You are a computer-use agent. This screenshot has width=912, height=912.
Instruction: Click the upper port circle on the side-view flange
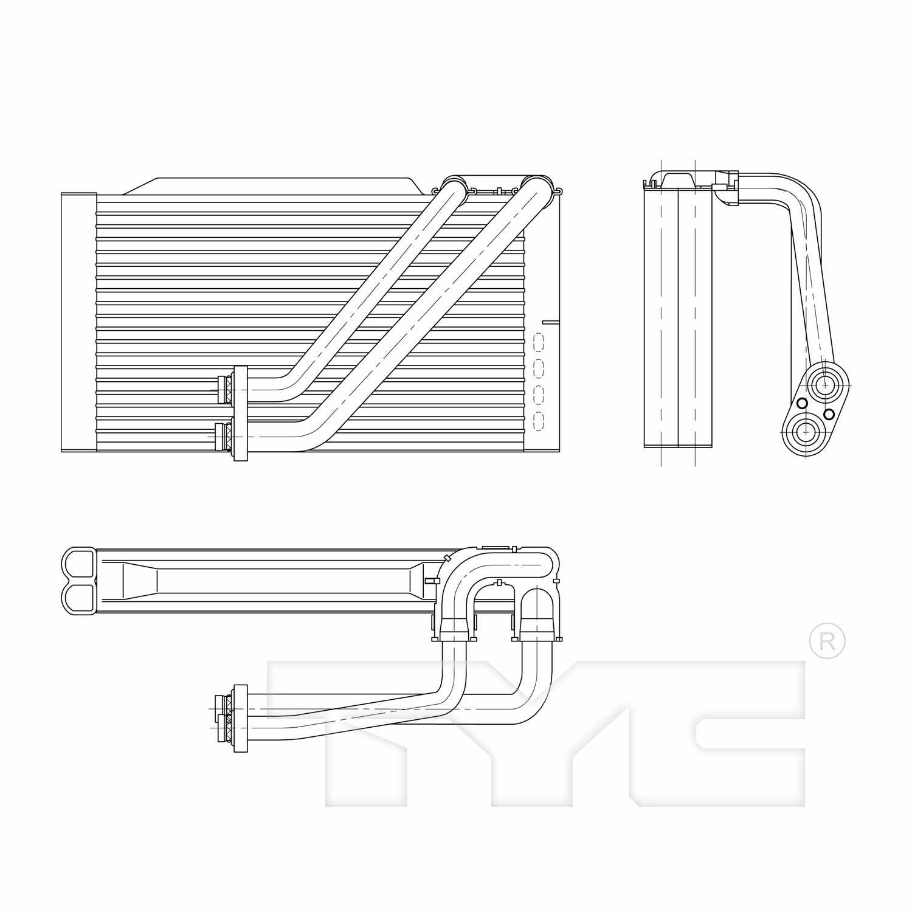[x=825, y=384]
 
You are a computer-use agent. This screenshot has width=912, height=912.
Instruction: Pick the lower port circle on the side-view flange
[x=806, y=432]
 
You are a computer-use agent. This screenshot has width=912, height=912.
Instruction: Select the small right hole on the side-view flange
[x=829, y=414]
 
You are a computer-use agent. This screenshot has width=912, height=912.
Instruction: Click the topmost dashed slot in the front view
[x=538, y=340]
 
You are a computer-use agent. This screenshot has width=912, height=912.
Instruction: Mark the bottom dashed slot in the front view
[x=538, y=421]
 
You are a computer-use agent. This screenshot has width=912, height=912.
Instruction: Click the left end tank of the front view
[x=79, y=322]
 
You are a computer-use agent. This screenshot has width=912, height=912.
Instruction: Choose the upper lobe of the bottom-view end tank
[x=79, y=562]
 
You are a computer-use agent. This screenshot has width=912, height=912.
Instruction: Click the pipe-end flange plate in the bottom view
[x=240, y=717]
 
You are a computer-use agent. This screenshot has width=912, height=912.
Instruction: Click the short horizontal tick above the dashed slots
[x=550, y=322]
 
